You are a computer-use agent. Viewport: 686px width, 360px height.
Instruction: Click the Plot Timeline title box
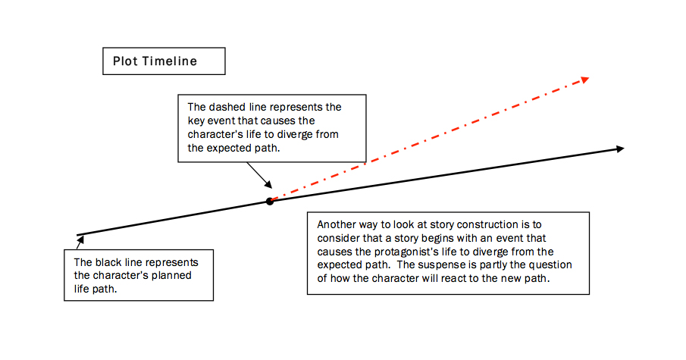(164, 61)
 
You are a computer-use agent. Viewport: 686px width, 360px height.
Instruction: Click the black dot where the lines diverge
(269, 201)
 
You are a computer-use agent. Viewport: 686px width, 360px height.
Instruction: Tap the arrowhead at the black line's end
(619, 149)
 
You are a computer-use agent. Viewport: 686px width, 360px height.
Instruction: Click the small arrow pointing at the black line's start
(78, 241)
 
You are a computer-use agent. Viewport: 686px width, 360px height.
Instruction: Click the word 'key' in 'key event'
(196, 121)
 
